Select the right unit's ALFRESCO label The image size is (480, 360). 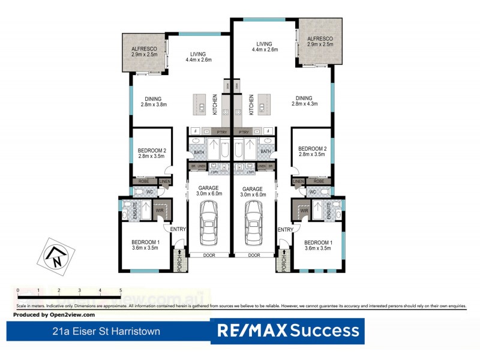click(320, 41)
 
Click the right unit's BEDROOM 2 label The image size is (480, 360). click(312, 152)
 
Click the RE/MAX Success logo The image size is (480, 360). click(287, 330)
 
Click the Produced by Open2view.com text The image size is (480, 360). click(54, 314)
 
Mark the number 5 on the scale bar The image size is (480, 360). click(121, 290)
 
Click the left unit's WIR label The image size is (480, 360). click(160, 211)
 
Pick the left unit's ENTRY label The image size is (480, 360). click(178, 230)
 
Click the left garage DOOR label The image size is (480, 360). click(209, 255)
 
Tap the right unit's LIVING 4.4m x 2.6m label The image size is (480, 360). click(265, 47)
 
